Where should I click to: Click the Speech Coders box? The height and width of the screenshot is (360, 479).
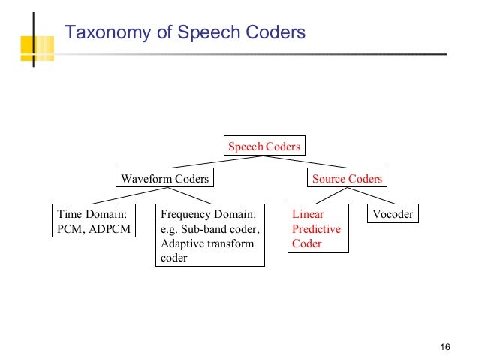tap(264, 146)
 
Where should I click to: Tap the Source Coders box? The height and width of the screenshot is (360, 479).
tap(347, 178)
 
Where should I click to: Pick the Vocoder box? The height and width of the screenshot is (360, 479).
tap(393, 214)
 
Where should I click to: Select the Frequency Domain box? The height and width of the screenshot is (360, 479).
tap(210, 236)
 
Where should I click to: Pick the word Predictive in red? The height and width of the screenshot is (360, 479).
tap(316, 229)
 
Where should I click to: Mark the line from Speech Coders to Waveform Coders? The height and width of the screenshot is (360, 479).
tap(214, 162)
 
